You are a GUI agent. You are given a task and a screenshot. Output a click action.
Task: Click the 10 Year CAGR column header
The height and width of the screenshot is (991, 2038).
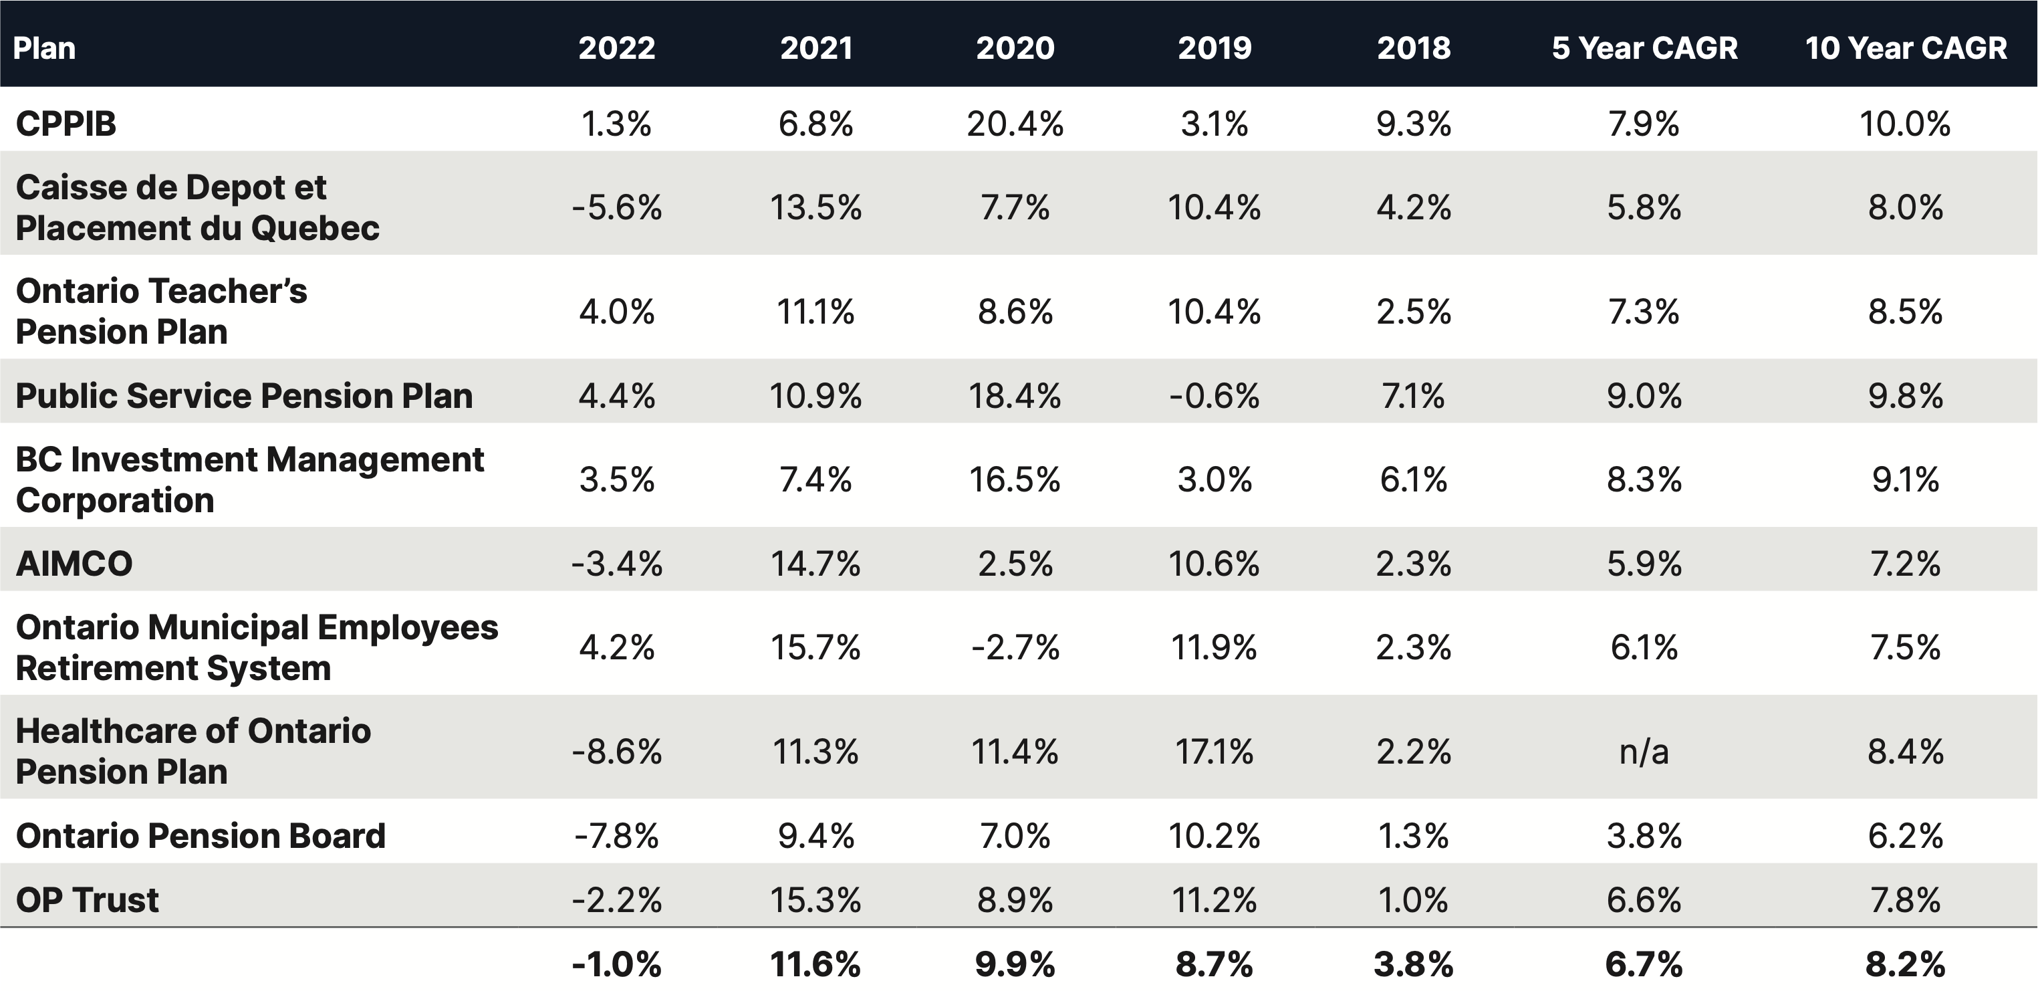[x=1905, y=48]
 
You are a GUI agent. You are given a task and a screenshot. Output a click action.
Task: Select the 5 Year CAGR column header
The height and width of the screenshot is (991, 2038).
[x=1644, y=48]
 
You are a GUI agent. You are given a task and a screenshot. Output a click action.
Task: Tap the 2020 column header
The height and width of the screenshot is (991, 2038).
[x=1015, y=48]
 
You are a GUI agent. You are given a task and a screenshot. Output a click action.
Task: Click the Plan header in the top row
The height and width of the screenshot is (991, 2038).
[x=44, y=48]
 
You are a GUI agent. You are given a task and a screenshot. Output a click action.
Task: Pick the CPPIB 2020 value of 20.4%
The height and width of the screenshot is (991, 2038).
[x=1015, y=124]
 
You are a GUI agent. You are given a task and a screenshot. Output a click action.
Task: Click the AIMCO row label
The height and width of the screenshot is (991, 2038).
[x=74, y=564]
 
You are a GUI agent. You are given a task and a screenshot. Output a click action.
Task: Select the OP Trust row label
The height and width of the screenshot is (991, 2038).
[x=87, y=900]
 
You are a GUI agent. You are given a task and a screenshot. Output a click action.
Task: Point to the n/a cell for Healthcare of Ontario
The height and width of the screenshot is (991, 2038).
[x=1644, y=751]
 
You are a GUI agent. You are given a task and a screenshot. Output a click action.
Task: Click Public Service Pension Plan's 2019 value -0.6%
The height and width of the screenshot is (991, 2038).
[x=1215, y=396]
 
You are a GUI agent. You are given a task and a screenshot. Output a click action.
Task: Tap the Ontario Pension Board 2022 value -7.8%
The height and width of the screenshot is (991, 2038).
[x=616, y=836]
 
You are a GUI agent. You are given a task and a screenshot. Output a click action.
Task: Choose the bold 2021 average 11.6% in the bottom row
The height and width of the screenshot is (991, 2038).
[x=815, y=964]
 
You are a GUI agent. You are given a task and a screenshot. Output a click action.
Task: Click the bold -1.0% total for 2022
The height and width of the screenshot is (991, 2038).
[x=616, y=964]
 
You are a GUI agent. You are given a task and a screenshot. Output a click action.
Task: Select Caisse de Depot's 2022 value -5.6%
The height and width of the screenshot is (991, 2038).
[x=616, y=207]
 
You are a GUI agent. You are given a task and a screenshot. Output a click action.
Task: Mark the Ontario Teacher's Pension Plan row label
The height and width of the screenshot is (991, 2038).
[x=161, y=311]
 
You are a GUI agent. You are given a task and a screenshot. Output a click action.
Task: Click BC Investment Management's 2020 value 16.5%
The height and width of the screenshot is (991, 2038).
[x=1015, y=479]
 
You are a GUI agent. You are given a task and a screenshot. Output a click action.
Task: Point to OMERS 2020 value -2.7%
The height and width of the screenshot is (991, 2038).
[x=1015, y=647]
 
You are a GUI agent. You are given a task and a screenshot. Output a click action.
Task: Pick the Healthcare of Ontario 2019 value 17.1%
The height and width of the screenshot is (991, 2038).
[x=1215, y=751]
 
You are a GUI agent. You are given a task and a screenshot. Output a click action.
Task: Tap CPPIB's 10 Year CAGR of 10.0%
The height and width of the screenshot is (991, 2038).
[x=1905, y=124]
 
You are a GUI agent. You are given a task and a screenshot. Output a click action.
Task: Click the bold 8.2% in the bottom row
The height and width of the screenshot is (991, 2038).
[x=1905, y=964]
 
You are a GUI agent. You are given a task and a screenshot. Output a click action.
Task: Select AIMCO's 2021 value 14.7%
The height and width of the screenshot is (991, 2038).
[x=815, y=564]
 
